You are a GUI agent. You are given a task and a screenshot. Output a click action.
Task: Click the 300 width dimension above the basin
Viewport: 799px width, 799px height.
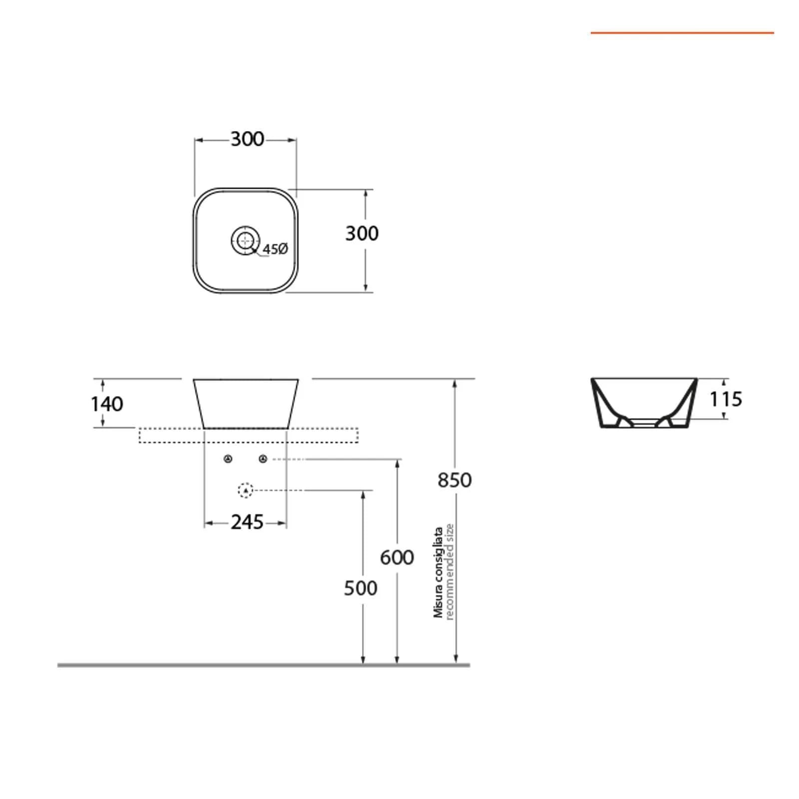[x=247, y=139]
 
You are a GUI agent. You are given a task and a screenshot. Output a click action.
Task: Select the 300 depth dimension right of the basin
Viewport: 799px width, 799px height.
[x=362, y=233]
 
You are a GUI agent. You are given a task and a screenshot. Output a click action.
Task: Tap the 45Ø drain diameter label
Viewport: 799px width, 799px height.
[x=275, y=249]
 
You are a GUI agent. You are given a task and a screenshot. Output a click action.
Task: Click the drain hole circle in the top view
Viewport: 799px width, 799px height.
[x=246, y=240]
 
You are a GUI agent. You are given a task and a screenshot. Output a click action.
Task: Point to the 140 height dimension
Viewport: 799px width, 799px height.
[x=107, y=404]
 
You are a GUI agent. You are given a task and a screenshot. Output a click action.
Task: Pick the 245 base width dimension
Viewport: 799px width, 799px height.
[x=247, y=522]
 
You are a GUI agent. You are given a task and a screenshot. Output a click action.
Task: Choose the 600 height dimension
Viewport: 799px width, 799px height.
[x=397, y=557]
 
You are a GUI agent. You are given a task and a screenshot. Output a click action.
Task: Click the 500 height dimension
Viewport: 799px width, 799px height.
[x=361, y=588]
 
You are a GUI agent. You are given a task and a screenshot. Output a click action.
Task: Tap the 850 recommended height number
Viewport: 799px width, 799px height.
[x=454, y=480]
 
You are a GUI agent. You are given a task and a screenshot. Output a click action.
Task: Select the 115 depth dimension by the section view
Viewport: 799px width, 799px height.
[x=726, y=399]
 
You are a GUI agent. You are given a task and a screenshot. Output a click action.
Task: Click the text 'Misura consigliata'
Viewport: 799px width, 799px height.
[x=438, y=573]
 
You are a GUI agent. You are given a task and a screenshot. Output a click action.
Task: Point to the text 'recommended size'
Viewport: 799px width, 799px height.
[x=449, y=572]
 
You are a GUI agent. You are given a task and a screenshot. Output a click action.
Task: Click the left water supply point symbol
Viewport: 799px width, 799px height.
[x=228, y=459]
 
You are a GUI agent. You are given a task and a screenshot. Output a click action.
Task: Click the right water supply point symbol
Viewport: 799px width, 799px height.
[x=263, y=459]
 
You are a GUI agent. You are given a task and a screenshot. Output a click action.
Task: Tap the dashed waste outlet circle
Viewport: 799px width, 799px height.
[x=246, y=491]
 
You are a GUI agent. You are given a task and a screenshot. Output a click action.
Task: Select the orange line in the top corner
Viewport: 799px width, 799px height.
[x=682, y=33]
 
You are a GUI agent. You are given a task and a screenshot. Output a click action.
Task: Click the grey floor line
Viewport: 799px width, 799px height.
[x=264, y=665]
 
